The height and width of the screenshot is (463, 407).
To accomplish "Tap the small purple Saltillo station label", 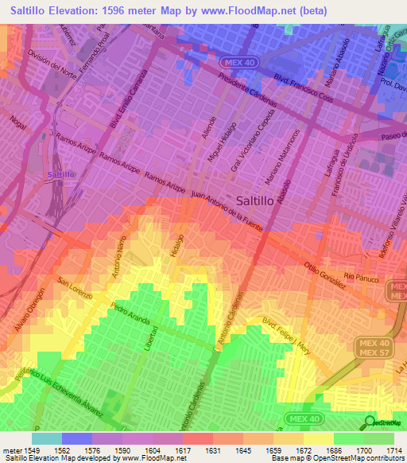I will (60, 173).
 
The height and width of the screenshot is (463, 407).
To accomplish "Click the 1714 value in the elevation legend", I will (393, 450).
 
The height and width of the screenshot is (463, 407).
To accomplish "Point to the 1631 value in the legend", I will (214, 450).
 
